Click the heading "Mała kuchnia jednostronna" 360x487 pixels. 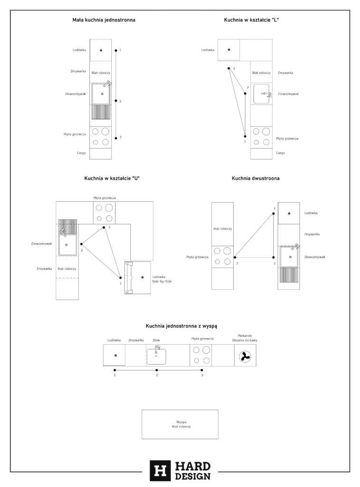(104, 20)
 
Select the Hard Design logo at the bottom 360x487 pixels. (180, 470)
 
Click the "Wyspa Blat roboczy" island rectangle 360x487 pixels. (180, 424)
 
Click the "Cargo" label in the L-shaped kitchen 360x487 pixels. (281, 153)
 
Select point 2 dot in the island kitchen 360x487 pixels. (157, 370)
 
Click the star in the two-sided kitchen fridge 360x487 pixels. (289, 214)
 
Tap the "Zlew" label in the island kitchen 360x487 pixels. (156, 340)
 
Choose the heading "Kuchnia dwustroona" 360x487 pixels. (255, 178)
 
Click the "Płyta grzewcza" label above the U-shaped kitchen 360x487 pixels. (105, 197)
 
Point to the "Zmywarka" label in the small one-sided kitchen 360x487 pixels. (78, 71)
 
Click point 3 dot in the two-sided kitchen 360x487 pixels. (234, 257)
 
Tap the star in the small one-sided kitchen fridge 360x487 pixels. (101, 50)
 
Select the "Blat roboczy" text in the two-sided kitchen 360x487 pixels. (222, 229)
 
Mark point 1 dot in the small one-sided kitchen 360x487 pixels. (116, 50)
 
